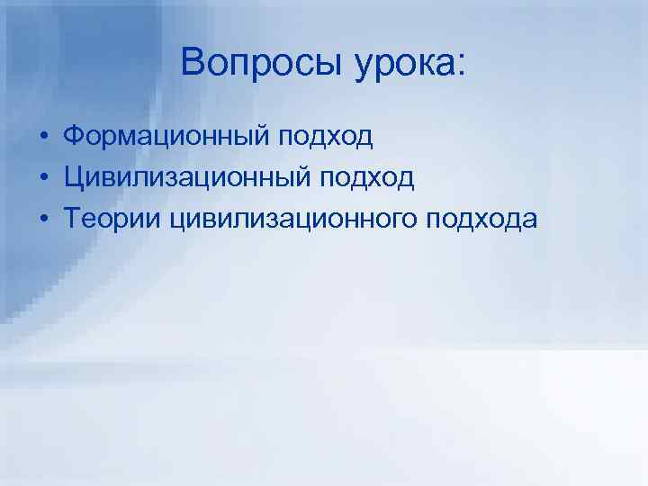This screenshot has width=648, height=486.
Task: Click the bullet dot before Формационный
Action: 42,137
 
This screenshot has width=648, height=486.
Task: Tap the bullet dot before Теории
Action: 42,220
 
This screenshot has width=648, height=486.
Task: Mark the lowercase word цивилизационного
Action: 281,220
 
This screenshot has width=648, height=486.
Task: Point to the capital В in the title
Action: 191,61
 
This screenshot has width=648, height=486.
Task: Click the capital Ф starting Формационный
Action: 74,136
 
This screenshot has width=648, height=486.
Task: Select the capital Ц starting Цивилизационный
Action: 73,177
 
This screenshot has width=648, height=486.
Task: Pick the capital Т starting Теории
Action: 72,219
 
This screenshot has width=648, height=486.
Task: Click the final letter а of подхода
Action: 528,220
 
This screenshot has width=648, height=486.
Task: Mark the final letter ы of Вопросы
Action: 318,65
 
